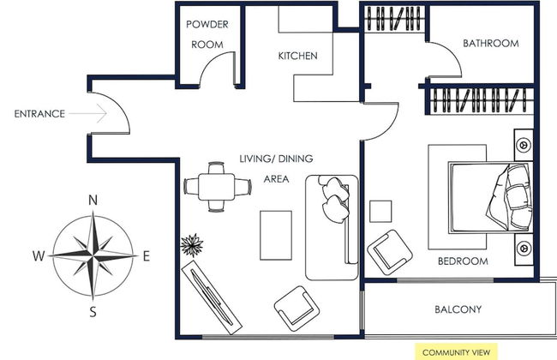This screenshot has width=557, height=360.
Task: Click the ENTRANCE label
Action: point(39,114)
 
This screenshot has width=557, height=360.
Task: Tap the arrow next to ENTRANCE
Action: point(87,113)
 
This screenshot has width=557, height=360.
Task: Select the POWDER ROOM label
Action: point(207,34)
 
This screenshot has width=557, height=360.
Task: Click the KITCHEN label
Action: point(297,56)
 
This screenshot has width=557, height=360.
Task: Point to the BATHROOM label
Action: point(490,44)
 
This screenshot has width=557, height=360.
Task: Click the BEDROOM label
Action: point(463,261)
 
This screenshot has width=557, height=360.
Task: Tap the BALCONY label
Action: point(458,309)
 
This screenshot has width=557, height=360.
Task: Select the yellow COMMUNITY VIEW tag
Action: point(457,352)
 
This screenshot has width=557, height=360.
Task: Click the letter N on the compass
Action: point(93,201)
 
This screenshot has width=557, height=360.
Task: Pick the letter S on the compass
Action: point(93,312)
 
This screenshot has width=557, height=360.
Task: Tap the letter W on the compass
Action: point(39,256)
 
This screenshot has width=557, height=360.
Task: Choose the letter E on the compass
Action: point(147,256)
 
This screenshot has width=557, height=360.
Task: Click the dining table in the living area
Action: point(216,187)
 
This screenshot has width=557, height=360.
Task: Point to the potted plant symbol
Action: point(192,245)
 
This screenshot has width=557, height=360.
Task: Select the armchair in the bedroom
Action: point(390,252)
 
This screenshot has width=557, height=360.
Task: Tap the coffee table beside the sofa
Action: point(276,235)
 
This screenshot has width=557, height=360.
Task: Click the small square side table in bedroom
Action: point(380,212)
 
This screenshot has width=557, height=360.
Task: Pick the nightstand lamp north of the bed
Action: point(524,145)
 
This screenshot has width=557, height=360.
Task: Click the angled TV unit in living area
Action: point(212,297)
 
